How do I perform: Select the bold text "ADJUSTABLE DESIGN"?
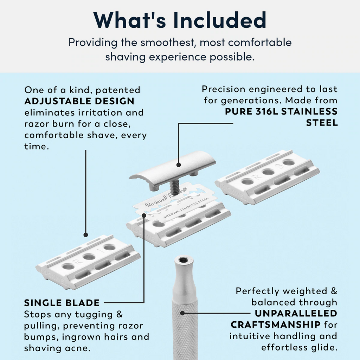pos(79,101)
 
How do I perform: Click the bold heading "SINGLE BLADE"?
pos(62,302)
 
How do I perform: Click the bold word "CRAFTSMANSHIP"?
pos(275,324)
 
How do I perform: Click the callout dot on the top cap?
pos(179,164)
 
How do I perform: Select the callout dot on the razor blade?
pos(144,215)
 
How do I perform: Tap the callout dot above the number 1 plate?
pos(85,234)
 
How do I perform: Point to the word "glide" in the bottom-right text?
pos(321,347)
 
